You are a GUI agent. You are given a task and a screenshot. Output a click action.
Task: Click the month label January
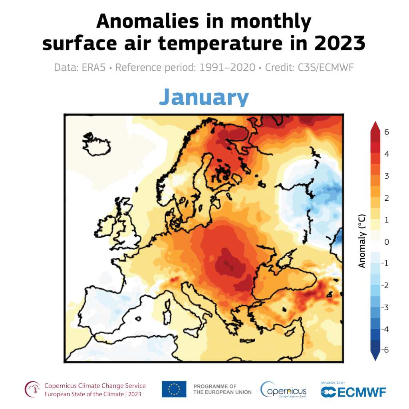204,97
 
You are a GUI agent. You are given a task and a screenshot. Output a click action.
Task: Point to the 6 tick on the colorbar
387,132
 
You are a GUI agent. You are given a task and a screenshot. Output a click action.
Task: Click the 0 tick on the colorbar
387,241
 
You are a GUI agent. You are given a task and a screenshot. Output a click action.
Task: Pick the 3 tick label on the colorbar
387,176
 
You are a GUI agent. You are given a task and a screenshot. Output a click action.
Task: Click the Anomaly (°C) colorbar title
362,241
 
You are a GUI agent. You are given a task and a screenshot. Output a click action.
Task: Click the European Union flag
174,389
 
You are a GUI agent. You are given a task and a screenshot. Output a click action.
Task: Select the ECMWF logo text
353,391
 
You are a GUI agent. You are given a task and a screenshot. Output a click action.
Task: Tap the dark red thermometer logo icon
33,389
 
